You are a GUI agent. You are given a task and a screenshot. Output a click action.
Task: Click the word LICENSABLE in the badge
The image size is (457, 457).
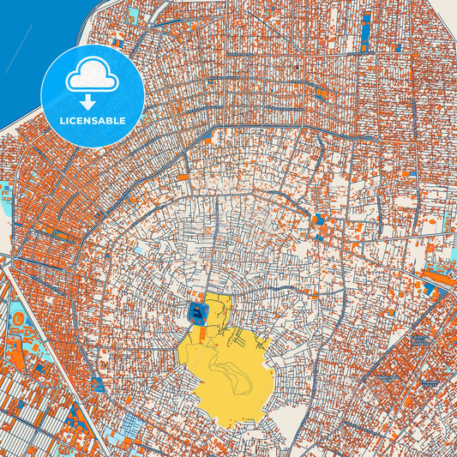93,121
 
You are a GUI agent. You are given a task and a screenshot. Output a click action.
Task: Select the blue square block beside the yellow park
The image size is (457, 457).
198,315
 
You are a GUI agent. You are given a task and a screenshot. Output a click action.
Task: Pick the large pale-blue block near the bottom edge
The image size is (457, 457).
133,424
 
